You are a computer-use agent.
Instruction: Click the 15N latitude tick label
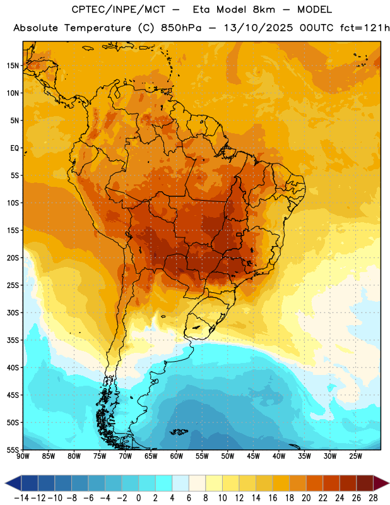pyautogui.click(x=13, y=66)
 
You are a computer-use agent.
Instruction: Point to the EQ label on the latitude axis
pyautogui.click(x=15, y=148)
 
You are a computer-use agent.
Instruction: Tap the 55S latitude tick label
pyautogui.click(x=13, y=450)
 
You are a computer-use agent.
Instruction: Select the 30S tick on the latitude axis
pyautogui.click(x=13, y=312)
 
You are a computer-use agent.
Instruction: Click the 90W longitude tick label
pyautogui.click(x=23, y=456)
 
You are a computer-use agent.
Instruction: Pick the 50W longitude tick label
pyautogui.click(x=228, y=456)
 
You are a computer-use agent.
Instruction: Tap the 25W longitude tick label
pyautogui.click(x=355, y=456)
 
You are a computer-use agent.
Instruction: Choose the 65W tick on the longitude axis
pyautogui.click(x=151, y=456)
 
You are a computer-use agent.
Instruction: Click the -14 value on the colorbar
pyautogui.click(x=21, y=498)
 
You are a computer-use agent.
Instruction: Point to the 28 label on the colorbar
pyautogui.click(x=373, y=498)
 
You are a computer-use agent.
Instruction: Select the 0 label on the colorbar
pyautogui.click(x=139, y=498)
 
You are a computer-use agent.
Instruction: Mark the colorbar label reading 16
pyautogui.click(x=273, y=498)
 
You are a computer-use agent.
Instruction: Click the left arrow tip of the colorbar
pyautogui.click(x=5, y=483)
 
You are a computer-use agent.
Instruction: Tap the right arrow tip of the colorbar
pyautogui.click(x=389, y=483)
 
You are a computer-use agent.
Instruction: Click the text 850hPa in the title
pyautogui.click(x=181, y=28)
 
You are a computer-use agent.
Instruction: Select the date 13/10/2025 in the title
pyautogui.click(x=259, y=28)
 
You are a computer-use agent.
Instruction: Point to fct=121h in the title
pyautogui.click(x=365, y=28)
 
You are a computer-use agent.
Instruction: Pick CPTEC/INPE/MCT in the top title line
pyautogui.click(x=119, y=10)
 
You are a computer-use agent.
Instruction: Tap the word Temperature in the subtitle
pyautogui.click(x=98, y=28)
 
